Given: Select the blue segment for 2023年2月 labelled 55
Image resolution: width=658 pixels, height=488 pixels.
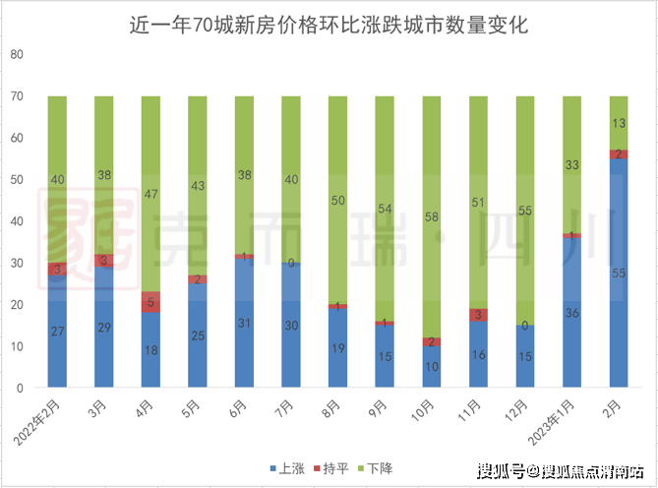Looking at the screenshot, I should pyautogui.click(x=619, y=273).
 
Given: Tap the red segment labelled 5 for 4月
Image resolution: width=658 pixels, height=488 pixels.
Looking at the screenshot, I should pyautogui.click(x=151, y=302).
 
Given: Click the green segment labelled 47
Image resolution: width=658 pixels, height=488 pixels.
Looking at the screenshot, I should pyautogui.click(x=151, y=194).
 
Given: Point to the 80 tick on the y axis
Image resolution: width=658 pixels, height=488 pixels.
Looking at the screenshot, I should pyautogui.click(x=16, y=55).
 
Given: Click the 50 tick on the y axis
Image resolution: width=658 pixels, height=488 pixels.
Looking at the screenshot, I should pyautogui.click(x=16, y=180).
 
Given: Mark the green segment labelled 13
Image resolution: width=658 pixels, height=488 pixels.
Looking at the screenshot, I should pyautogui.click(x=619, y=123).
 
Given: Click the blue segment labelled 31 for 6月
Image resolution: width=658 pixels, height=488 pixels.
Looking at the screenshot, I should pyautogui.click(x=245, y=323).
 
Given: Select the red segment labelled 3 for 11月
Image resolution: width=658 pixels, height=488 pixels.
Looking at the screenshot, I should pyautogui.click(x=478, y=315).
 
